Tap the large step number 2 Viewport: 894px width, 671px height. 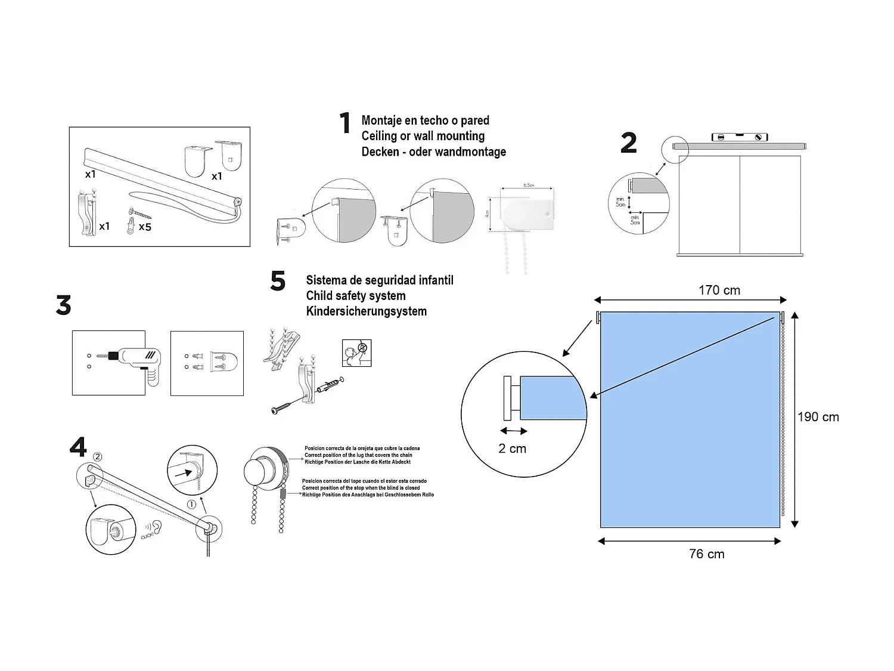click(x=628, y=143)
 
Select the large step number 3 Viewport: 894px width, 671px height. click(x=63, y=305)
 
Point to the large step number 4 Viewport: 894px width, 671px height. click(x=78, y=447)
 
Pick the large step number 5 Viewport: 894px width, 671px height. click(x=278, y=281)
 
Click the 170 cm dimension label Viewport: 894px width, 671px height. click(x=719, y=290)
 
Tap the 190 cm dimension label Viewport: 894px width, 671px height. click(x=818, y=417)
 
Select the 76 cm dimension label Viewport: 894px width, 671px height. click(x=706, y=554)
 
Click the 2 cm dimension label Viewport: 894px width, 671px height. click(x=512, y=449)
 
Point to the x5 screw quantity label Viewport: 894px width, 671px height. click(x=145, y=227)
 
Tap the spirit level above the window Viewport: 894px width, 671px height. click(x=740, y=137)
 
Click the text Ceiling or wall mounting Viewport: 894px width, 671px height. click(x=423, y=136)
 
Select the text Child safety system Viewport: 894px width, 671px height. click(x=355, y=296)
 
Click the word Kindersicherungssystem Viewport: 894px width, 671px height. click(x=366, y=311)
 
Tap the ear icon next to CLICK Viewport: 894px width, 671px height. click(x=156, y=527)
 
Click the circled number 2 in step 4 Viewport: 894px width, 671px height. click(x=98, y=457)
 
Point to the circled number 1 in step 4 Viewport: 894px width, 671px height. click(x=191, y=504)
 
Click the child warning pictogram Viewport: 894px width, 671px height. click(x=356, y=352)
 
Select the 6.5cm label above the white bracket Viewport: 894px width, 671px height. click(x=529, y=185)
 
